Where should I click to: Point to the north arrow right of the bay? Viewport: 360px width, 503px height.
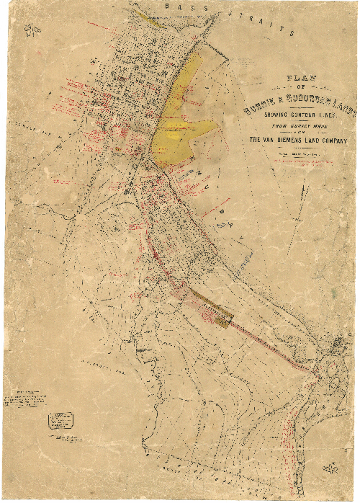click(x=304, y=195)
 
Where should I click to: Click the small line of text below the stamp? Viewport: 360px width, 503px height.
click(x=65, y=438)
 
